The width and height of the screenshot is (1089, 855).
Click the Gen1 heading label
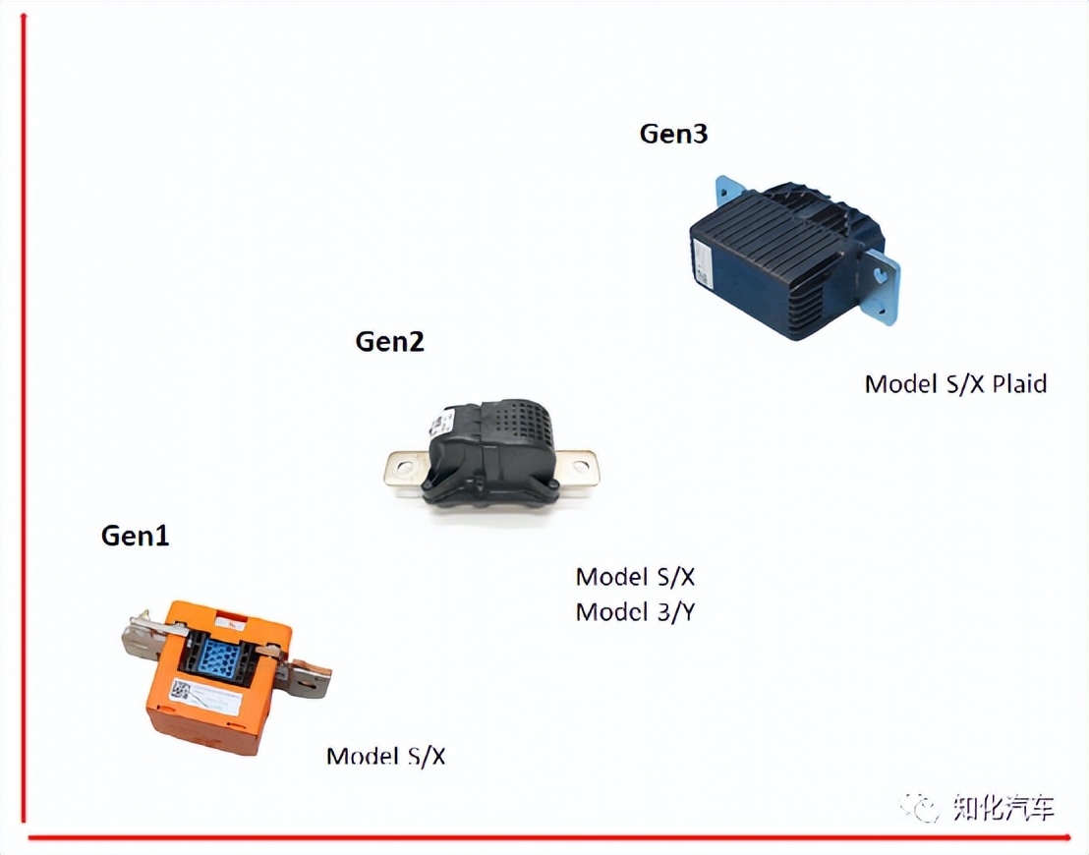[x=135, y=536]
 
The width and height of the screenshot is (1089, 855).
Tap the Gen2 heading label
[x=389, y=341]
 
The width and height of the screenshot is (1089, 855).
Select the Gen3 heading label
[x=673, y=134]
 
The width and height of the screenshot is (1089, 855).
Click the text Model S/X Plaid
[x=955, y=384]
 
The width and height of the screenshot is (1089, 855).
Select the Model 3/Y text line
[x=635, y=612]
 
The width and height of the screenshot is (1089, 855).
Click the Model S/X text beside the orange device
[x=385, y=756]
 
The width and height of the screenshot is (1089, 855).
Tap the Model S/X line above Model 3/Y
[x=635, y=577]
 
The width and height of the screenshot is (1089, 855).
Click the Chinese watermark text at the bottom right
[x=1004, y=807]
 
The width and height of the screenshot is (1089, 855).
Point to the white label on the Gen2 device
[x=442, y=422]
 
